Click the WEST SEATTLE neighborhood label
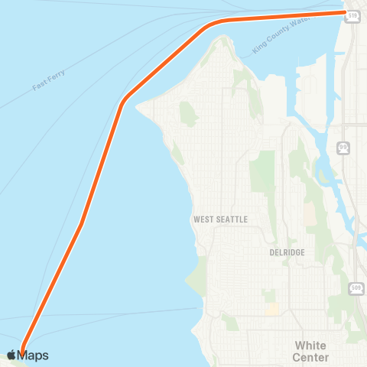coord(221,219)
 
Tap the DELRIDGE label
coord(287,252)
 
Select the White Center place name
coord(310,351)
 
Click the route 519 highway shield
coord(352,15)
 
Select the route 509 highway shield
coord(356,287)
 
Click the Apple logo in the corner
coord(11,355)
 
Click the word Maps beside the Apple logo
coord(34,355)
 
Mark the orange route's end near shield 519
coord(344,12)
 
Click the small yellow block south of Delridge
coord(271,309)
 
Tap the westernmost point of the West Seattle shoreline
coord(138,107)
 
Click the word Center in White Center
coord(310,357)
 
